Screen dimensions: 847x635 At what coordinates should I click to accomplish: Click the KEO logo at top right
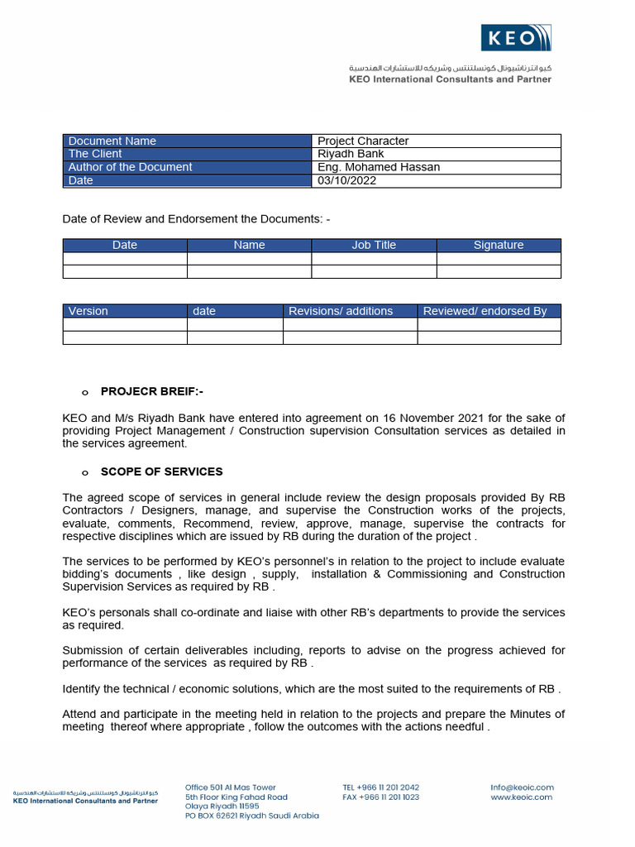point(516,38)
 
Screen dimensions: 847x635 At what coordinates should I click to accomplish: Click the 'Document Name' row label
point(112,141)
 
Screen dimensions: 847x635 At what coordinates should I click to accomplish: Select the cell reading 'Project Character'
point(363,141)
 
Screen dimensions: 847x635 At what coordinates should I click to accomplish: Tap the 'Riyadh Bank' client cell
point(351,154)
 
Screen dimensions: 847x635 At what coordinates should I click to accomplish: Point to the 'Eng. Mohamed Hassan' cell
point(379,167)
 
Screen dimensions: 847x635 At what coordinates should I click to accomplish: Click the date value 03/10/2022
point(346,180)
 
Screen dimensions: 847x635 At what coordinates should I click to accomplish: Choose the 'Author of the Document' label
point(130,167)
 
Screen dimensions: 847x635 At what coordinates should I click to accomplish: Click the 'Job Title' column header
point(374,245)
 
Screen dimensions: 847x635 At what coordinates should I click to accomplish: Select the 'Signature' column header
point(499,245)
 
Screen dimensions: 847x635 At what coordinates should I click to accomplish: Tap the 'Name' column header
point(249,245)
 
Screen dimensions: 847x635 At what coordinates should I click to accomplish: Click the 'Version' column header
point(88,311)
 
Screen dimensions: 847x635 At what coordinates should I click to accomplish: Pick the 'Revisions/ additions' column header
point(341,311)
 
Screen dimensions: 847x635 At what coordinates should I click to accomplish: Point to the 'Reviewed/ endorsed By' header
point(485,311)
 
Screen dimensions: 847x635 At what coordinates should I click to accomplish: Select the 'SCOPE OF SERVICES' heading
point(161,471)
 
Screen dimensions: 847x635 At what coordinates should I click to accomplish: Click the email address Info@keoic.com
point(522,787)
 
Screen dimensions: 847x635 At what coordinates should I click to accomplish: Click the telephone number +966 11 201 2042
point(380,787)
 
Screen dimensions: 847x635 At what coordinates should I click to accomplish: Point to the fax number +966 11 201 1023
point(380,797)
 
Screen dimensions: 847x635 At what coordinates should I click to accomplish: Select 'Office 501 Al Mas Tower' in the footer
point(231,787)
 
